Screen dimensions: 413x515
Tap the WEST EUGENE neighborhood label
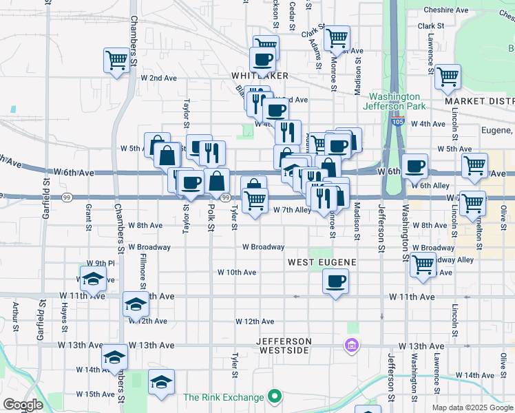(x=322, y=262)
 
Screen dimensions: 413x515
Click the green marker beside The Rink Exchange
(x=275, y=396)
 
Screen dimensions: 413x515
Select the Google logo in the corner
(x=23, y=405)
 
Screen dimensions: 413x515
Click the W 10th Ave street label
(x=237, y=273)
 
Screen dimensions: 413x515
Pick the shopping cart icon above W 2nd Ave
(x=117, y=60)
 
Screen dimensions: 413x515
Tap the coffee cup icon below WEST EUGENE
(x=335, y=281)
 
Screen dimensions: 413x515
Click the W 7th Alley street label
(x=292, y=210)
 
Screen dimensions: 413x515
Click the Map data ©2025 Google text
(x=472, y=407)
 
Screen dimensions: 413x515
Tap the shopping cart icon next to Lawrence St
(x=448, y=77)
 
